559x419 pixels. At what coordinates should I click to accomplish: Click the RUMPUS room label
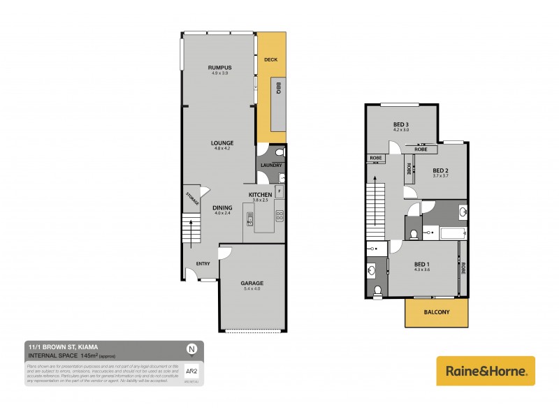coord(219,67)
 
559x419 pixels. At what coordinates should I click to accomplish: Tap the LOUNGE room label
coord(223,142)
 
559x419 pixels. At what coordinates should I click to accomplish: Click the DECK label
coord(271,59)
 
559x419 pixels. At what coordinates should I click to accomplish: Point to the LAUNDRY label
coord(270,166)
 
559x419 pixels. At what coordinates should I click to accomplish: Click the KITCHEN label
coord(260,194)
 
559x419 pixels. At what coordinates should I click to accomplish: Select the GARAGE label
coord(252,283)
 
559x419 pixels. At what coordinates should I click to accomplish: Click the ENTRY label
coord(203,263)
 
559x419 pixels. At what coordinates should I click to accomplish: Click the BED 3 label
coord(400,124)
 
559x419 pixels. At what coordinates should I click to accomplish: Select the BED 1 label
coord(421,264)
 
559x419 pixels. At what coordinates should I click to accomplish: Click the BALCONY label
coord(436,312)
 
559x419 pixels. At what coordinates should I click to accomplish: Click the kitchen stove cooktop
coord(279,215)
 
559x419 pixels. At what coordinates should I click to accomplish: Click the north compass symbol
coord(191,348)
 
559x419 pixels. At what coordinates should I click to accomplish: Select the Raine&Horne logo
coord(486,370)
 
